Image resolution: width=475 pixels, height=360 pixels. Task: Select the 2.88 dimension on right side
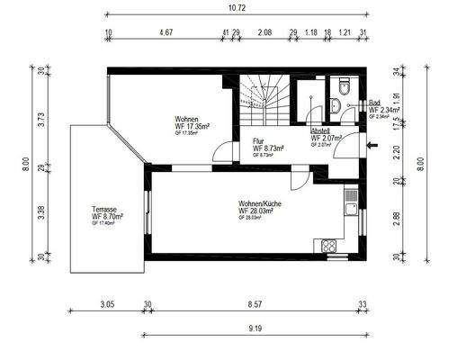tap(397, 219)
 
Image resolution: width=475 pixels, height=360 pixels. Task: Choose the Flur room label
tap(258, 141)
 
